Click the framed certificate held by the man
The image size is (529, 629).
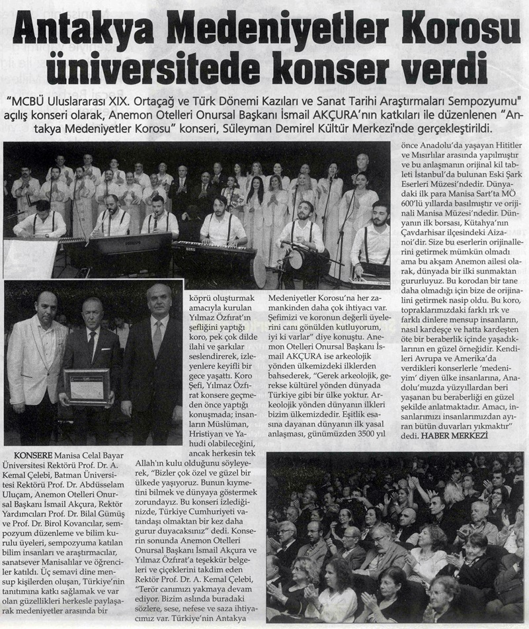87,386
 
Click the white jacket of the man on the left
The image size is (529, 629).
33,370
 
